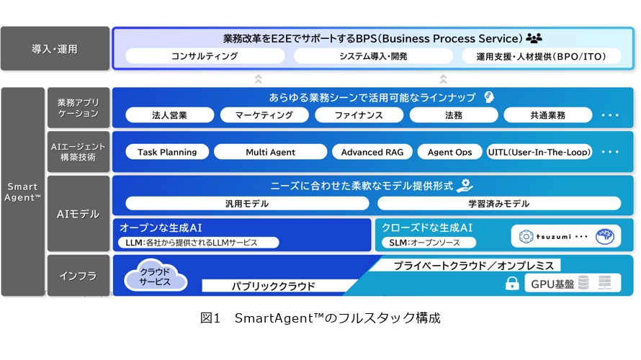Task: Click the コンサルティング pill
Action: (205, 56)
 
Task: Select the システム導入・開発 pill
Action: (373, 56)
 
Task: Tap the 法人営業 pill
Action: (170, 115)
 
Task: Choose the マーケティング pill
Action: (264, 115)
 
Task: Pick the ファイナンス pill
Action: (359, 115)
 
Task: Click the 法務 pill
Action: (454, 115)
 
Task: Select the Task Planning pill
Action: (167, 152)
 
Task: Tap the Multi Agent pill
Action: (270, 152)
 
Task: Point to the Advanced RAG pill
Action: (372, 152)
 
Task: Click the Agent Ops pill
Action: (449, 152)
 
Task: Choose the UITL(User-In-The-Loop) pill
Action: (539, 152)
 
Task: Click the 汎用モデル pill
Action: (247, 204)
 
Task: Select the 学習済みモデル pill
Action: (499, 204)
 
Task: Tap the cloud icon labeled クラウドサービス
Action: (156, 276)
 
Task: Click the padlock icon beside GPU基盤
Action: (512, 283)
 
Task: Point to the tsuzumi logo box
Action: (566, 236)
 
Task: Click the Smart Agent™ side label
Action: (23, 192)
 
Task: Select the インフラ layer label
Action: (79, 276)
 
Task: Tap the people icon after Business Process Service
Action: (534, 38)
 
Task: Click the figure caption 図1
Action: (210, 318)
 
